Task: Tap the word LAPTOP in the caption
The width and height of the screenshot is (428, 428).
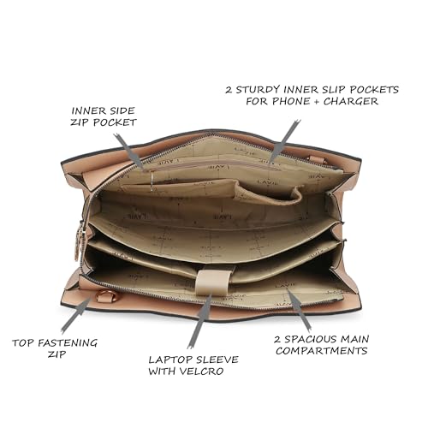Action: click(167, 360)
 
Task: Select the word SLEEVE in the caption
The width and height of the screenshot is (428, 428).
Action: click(214, 360)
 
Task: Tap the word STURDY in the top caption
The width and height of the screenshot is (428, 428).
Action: click(258, 90)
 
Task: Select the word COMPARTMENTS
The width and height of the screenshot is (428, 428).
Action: click(321, 351)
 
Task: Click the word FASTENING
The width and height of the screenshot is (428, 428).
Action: click(68, 342)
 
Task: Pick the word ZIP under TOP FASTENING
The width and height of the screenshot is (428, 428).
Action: click(56, 354)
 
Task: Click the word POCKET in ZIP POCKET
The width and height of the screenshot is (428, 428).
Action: click(115, 122)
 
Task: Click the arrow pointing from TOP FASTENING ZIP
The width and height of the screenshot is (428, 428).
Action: click(76, 315)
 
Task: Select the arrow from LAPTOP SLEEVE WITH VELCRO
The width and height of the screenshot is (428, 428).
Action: click(199, 322)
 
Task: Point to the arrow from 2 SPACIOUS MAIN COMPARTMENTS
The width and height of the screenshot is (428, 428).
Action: click(299, 310)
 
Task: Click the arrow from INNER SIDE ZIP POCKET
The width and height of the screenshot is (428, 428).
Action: click(128, 152)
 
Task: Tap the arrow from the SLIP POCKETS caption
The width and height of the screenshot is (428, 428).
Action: click(285, 142)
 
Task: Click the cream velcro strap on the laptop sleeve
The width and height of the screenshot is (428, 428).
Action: click(213, 282)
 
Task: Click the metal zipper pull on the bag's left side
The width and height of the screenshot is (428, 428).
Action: click(78, 241)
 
